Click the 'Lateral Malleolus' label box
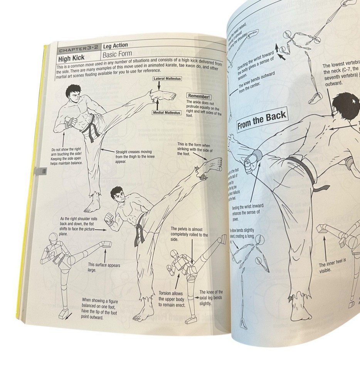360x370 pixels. (x=167, y=79)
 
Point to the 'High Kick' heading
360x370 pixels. (x=71, y=60)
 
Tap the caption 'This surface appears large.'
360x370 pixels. (x=104, y=267)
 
